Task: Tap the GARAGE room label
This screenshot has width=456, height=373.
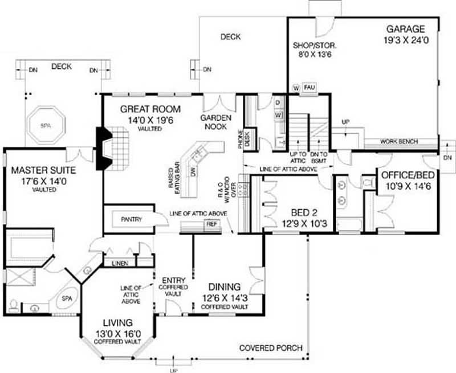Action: (405, 29)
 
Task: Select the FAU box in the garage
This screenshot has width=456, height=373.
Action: (309, 87)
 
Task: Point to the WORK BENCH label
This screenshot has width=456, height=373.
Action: (398, 141)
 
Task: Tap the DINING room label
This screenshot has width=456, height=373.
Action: (223, 286)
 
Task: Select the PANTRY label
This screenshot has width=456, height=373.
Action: (131, 219)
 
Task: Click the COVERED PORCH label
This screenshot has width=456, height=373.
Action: (271, 348)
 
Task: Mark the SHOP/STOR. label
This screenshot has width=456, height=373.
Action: (315, 44)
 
